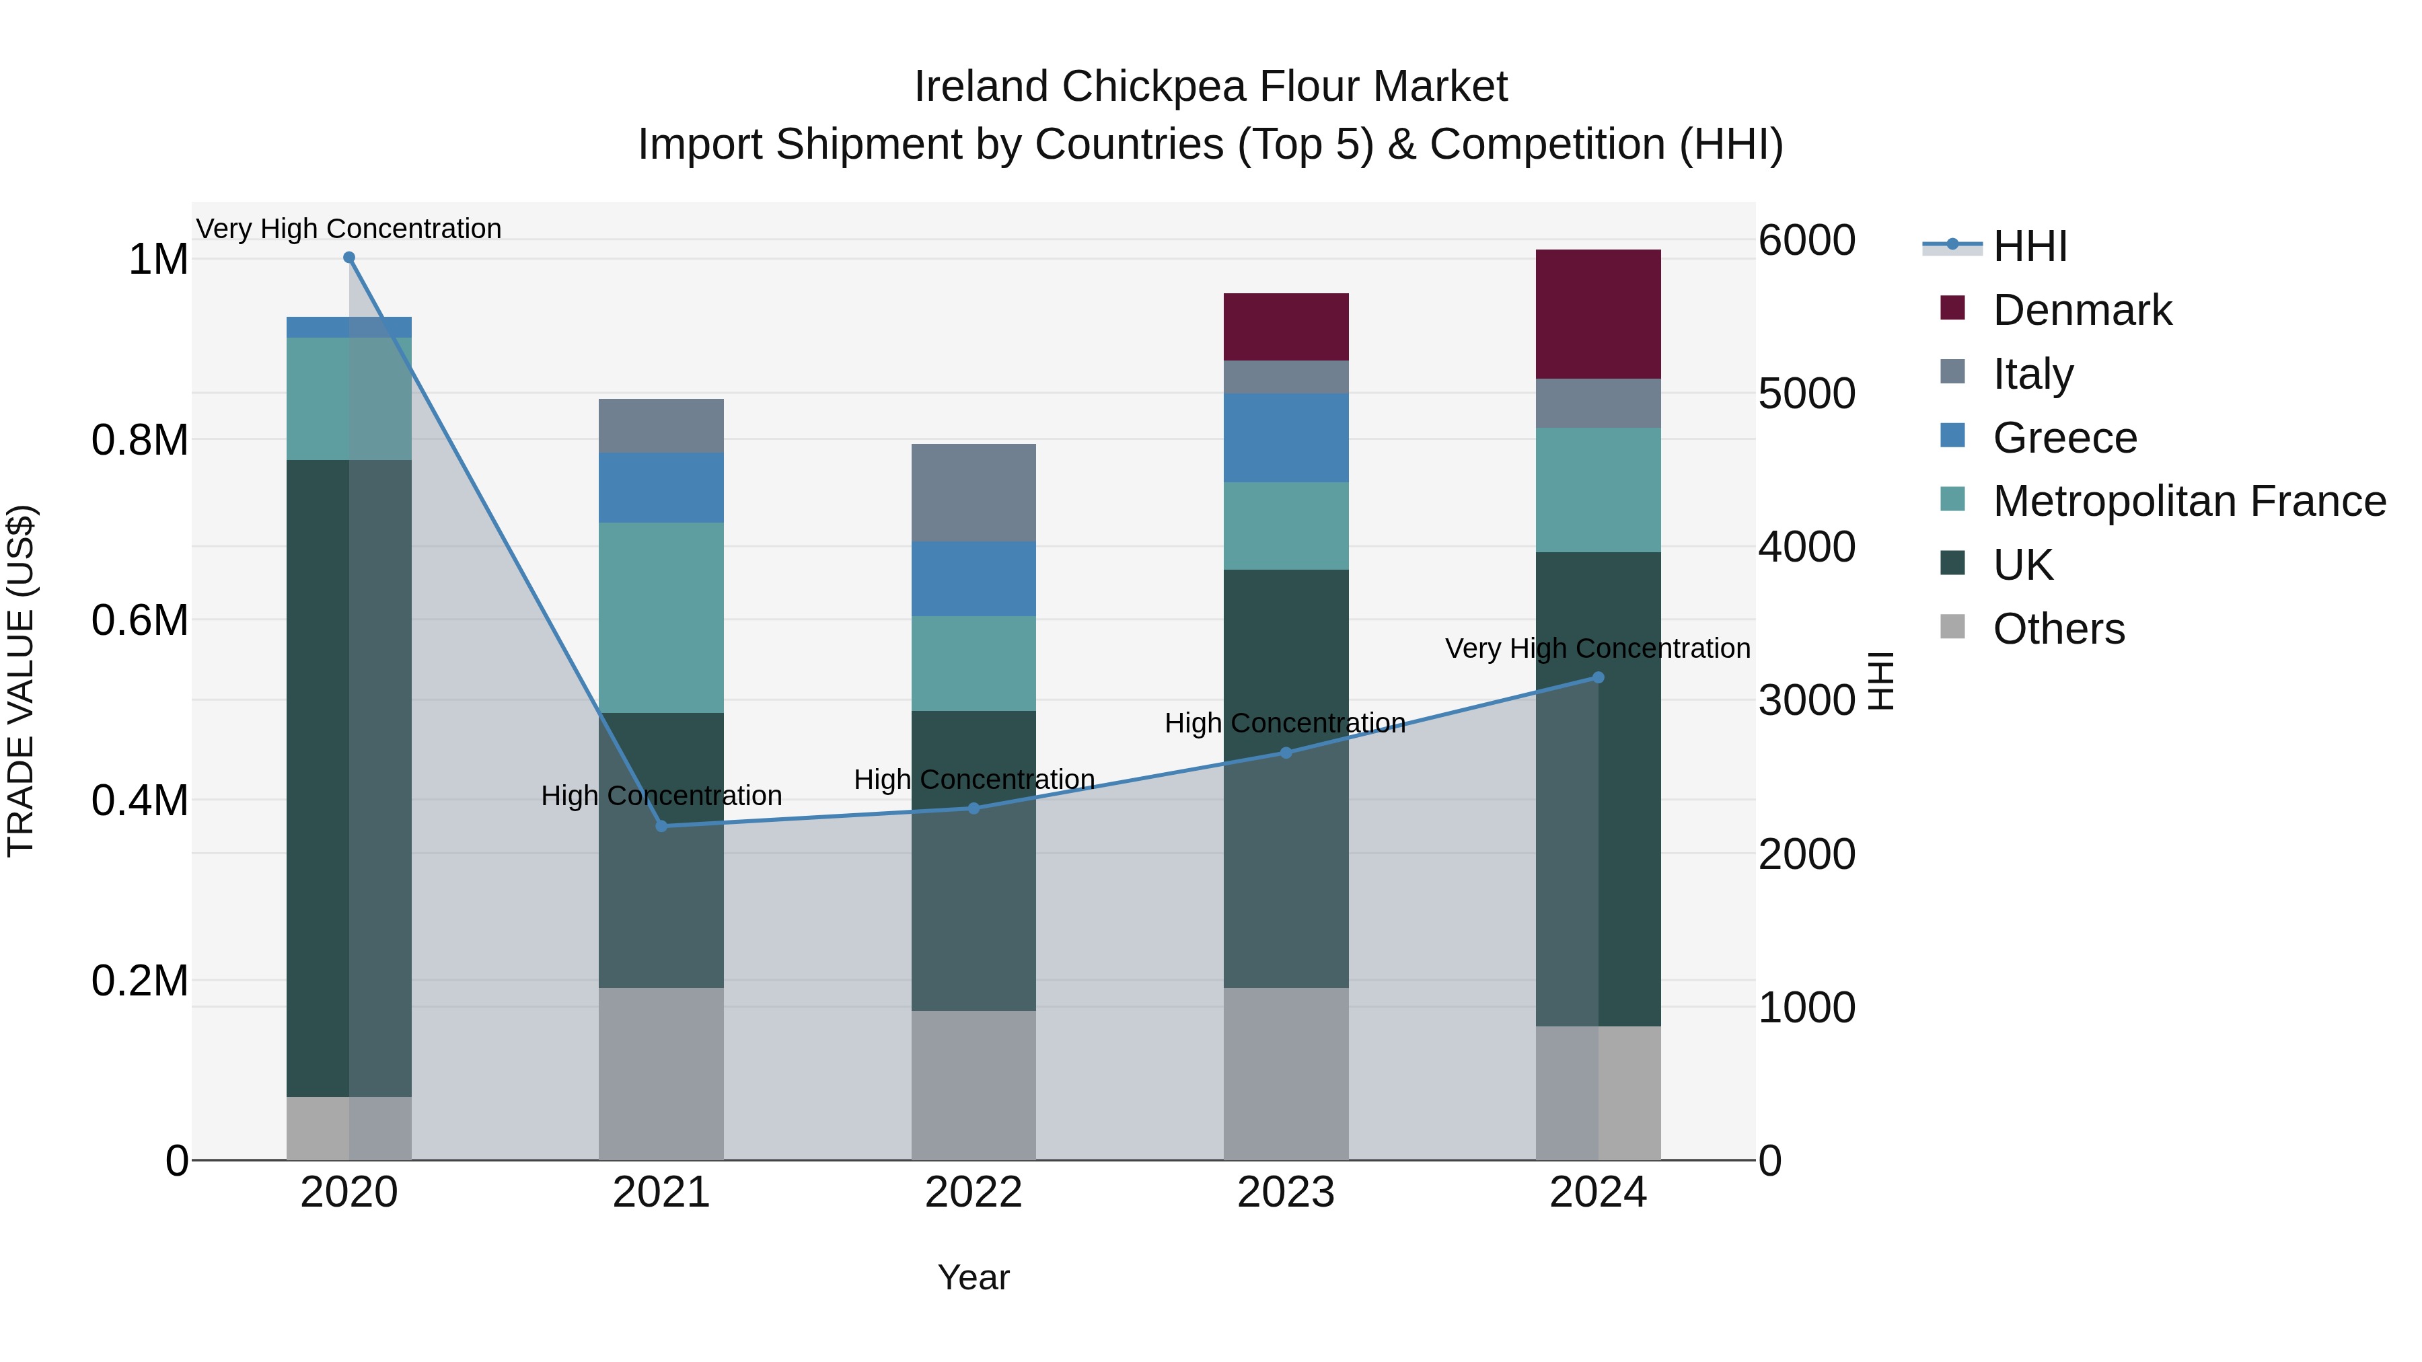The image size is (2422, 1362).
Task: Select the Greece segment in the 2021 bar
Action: coord(661,488)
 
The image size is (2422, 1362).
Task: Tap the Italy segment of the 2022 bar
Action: coord(973,492)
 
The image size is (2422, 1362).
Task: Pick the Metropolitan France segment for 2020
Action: coord(348,399)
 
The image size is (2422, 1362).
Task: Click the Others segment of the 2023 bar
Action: coord(1285,1073)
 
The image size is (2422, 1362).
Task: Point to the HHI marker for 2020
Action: coord(348,258)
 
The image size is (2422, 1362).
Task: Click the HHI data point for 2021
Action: coord(661,826)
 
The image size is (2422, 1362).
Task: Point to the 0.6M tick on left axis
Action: coord(139,620)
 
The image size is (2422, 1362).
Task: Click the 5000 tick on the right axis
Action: coord(1806,394)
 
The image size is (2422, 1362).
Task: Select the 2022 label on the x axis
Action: coord(973,1193)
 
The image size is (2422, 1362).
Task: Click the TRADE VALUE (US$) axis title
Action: coord(21,681)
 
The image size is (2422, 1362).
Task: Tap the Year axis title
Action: coord(973,1277)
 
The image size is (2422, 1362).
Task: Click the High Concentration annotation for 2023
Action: coord(1284,723)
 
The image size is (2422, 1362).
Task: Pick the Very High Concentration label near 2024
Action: coord(1597,648)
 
